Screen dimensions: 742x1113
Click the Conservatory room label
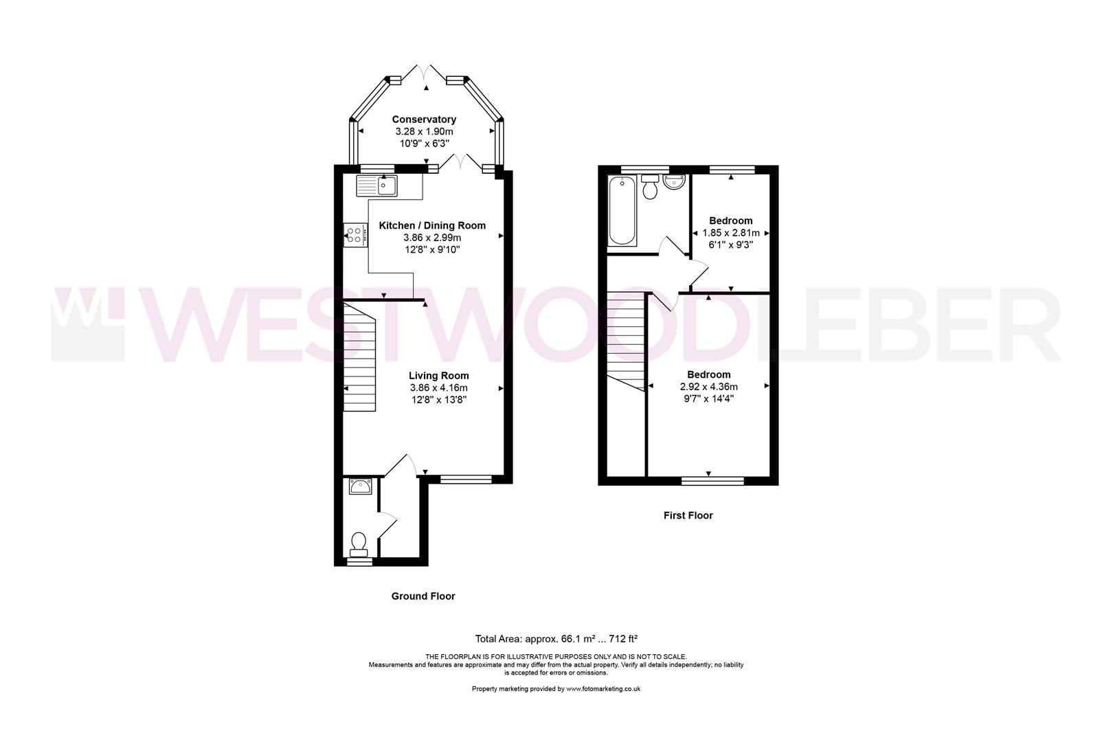[424, 120]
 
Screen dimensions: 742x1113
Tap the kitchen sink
[376, 185]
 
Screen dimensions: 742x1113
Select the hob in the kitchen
[355, 235]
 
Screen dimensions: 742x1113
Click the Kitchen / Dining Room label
[432, 225]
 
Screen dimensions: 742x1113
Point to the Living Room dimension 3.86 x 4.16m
[438, 387]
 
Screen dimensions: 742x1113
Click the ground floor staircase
[360, 357]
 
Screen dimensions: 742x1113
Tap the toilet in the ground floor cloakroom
[359, 543]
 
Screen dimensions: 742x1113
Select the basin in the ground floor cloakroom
[360, 487]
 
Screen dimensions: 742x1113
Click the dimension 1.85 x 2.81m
[731, 233]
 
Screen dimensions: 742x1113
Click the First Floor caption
[688, 515]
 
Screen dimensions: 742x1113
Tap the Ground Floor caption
[423, 596]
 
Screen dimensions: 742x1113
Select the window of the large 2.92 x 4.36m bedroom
[712, 480]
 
